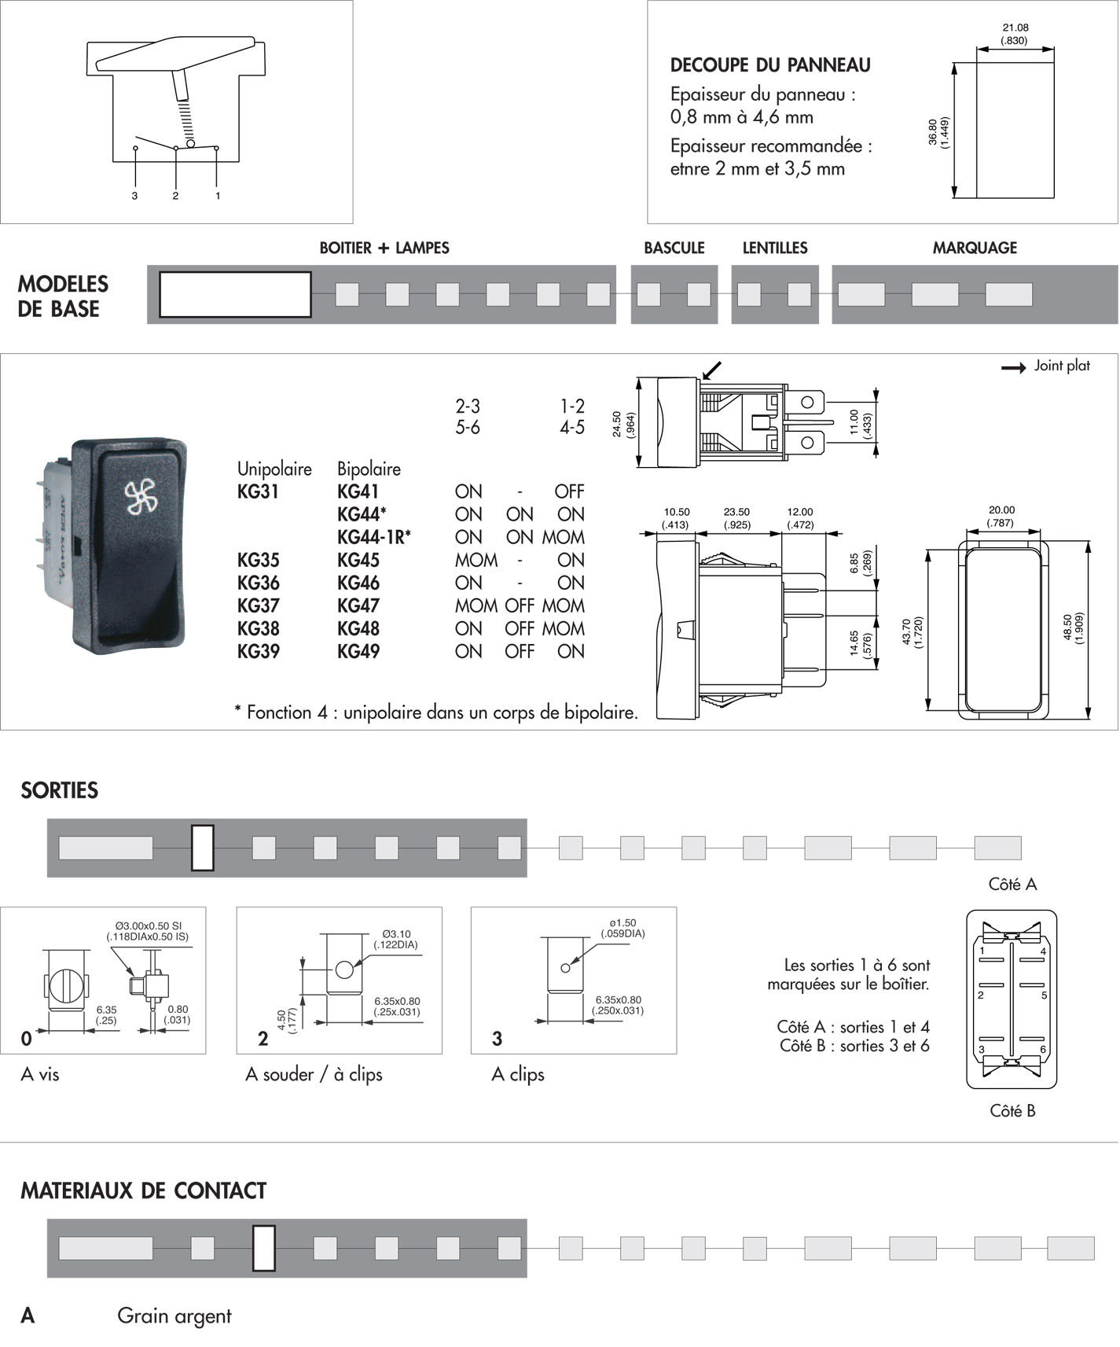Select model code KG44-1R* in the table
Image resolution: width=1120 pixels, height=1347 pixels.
pyautogui.click(x=374, y=538)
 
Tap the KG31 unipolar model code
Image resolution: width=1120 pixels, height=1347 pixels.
pyautogui.click(x=258, y=492)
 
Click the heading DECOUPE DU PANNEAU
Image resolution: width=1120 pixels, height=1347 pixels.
pyautogui.click(x=770, y=65)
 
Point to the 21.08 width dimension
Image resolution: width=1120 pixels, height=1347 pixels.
pyautogui.click(x=1015, y=28)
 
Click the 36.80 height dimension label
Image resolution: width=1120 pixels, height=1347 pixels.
pyautogui.click(x=933, y=131)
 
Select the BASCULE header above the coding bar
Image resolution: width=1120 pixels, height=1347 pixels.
pyautogui.click(x=674, y=248)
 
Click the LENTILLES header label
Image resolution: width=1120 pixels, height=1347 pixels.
pyautogui.click(x=775, y=248)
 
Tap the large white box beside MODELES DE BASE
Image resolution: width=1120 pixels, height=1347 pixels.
pyautogui.click(x=235, y=295)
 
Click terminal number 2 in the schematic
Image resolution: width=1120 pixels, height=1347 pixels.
pyautogui.click(x=175, y=196)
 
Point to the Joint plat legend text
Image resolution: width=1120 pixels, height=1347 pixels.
pyautogui.click(x=1062, y=366)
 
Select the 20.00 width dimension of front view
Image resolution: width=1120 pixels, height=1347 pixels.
pyautogui.click(x=1001, y=510)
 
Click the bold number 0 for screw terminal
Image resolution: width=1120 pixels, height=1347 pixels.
pyautogui.click(x=27, y=1039)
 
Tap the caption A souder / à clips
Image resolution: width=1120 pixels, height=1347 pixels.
pyautogui.click(x=314, y=1075)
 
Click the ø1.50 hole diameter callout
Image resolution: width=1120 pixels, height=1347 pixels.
pyautogui.click(x=622, y=923)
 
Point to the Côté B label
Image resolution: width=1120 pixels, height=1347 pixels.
pyautogui.click(x=1012, y=1111)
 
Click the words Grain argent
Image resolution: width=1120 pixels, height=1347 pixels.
pyautogui.click(x=174, y=1316)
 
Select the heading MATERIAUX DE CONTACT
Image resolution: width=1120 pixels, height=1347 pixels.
pyautogui.click(x=143, y=1191)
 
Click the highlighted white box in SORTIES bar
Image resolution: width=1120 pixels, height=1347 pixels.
pyautogui.click(x=203, y=848)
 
